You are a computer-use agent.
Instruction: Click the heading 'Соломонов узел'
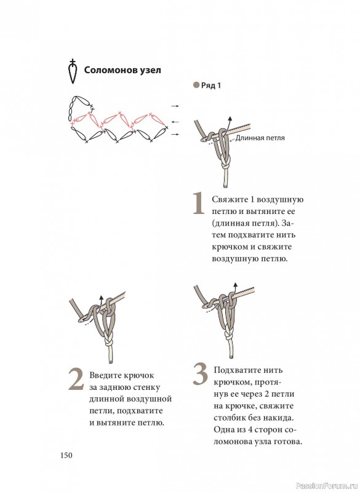tap(122, 70)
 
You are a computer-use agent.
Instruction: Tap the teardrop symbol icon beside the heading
tap(73, 71)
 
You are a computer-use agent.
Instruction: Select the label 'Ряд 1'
tap(211, 85)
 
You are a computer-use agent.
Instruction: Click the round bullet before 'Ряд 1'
tap(196, 85)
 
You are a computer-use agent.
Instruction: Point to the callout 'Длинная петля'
tap(260, 138)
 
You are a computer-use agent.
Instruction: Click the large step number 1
tap(198, 204)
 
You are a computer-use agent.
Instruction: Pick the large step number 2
tap(76, 379)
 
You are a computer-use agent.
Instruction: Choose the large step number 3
tap(200, 374)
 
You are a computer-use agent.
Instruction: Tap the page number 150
tap(66, 455)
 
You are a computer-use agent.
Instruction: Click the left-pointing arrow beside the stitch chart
tap(175, 122)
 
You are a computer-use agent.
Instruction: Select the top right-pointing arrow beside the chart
tap(175, 106)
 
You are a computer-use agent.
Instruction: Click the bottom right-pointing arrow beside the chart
tap(175, 134)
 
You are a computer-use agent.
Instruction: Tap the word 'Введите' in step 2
tap(105, 375)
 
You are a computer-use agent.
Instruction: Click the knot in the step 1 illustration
tap(226, 162)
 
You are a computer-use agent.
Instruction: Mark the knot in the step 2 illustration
tap(108, 341)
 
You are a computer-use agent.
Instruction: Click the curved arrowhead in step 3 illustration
tap(236, 285)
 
